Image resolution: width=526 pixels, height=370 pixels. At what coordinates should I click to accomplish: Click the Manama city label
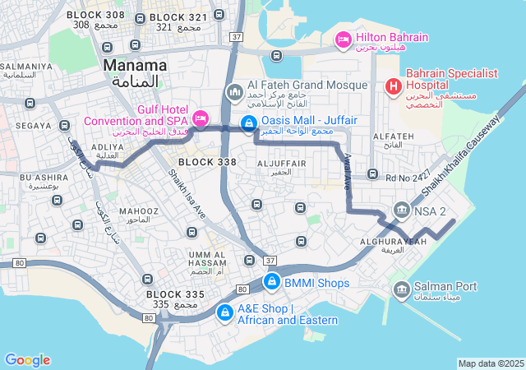(135, 64)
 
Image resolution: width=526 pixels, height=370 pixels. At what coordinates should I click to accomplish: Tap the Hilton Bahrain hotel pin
(344, 39)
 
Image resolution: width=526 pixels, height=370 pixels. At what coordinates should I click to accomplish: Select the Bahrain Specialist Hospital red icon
(393, 85)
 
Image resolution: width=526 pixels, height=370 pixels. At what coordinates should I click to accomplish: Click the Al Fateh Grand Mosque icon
(234, 91)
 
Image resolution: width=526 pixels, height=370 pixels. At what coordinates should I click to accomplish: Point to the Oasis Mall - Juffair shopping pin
(247, 123)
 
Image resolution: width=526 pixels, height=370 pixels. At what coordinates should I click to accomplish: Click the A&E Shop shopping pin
(224, 313)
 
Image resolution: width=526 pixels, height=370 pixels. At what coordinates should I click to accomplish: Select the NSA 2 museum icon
(402, 210)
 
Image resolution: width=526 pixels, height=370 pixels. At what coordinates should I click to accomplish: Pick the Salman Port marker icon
(402, 289)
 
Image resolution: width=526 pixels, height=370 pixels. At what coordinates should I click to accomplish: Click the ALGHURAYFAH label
(394, 241)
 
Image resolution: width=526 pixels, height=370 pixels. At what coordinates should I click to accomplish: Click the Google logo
(27, 360)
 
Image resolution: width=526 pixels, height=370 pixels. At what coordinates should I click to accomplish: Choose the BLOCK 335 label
(174, 294)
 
